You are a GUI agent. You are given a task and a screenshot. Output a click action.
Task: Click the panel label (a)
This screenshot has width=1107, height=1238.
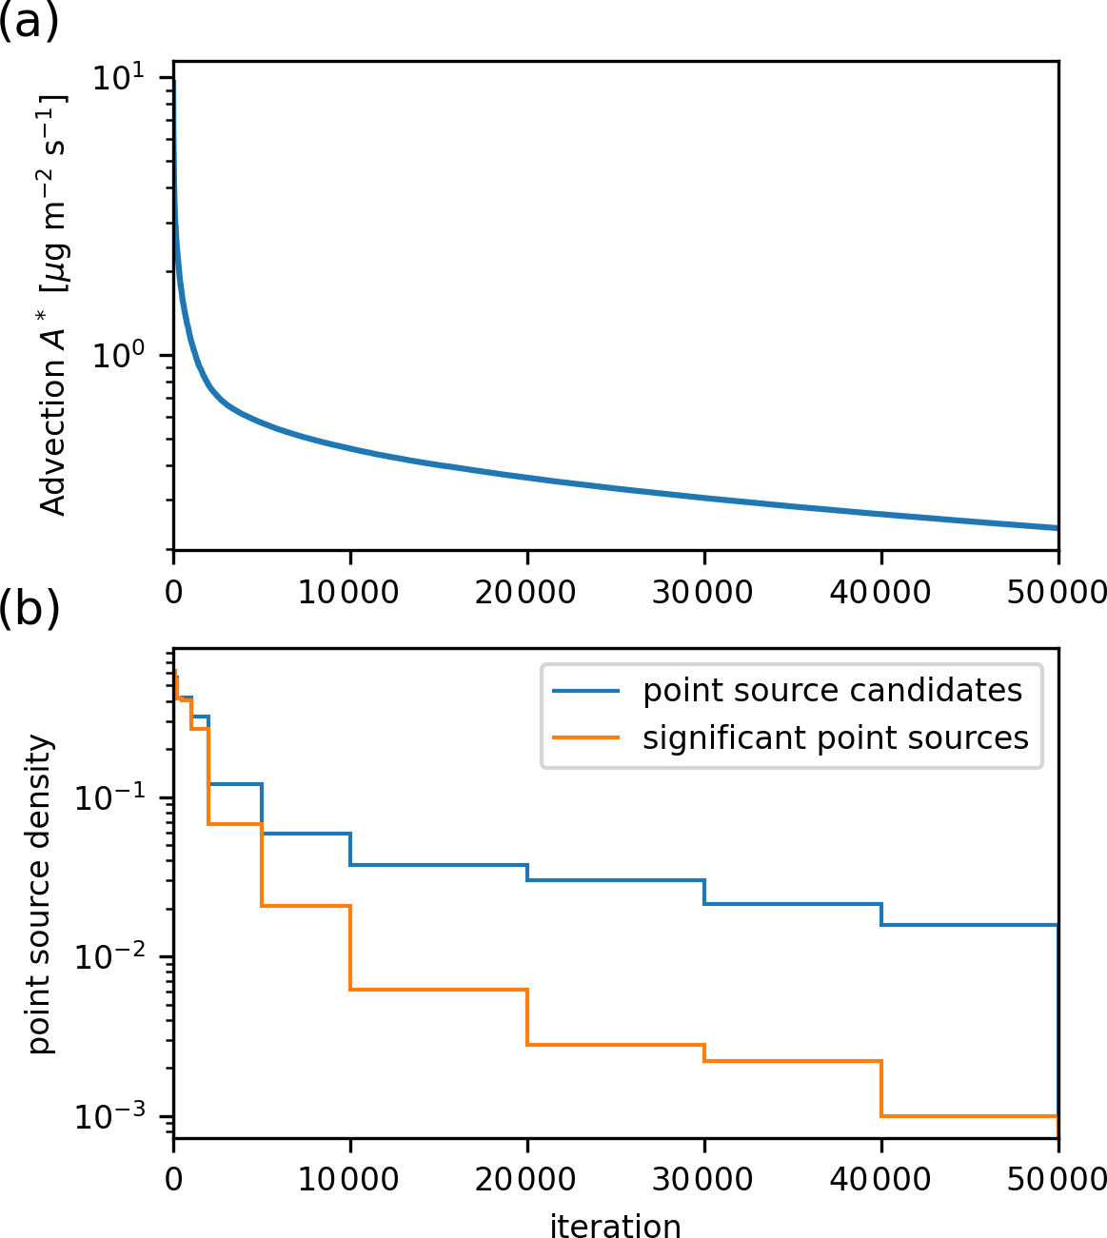click(x=29, y=21)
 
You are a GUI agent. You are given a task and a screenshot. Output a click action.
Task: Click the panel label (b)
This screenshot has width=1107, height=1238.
click(x=29, y=610)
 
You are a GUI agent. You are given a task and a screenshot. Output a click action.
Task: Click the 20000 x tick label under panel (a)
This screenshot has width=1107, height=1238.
click(x=526, y=592)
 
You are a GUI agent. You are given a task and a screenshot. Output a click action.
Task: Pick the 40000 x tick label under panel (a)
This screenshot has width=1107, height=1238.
click(x=880, y=592)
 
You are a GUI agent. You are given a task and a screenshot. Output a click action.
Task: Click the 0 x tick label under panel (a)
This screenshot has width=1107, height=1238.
click(x=173, y=592)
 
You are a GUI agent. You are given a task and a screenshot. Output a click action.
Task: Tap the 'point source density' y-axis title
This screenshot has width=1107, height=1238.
click(x=40, y=894)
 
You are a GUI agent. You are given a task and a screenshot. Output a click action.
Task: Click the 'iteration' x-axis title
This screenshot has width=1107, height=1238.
click(x=615, y=1226)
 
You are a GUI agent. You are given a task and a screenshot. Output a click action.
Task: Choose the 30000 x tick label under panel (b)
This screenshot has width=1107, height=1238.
click(x=703, y=1180)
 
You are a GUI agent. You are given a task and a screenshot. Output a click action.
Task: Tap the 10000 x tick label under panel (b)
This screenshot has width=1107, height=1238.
click(x=349, y=1180)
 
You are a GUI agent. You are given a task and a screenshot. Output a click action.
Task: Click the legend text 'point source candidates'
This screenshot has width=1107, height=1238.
click(x=832, y=690)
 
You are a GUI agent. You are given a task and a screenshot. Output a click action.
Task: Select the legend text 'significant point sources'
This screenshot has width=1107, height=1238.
click(x=835, y=738)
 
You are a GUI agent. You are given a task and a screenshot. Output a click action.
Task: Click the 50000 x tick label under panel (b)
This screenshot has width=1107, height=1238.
click(x=1057, y=1180)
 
